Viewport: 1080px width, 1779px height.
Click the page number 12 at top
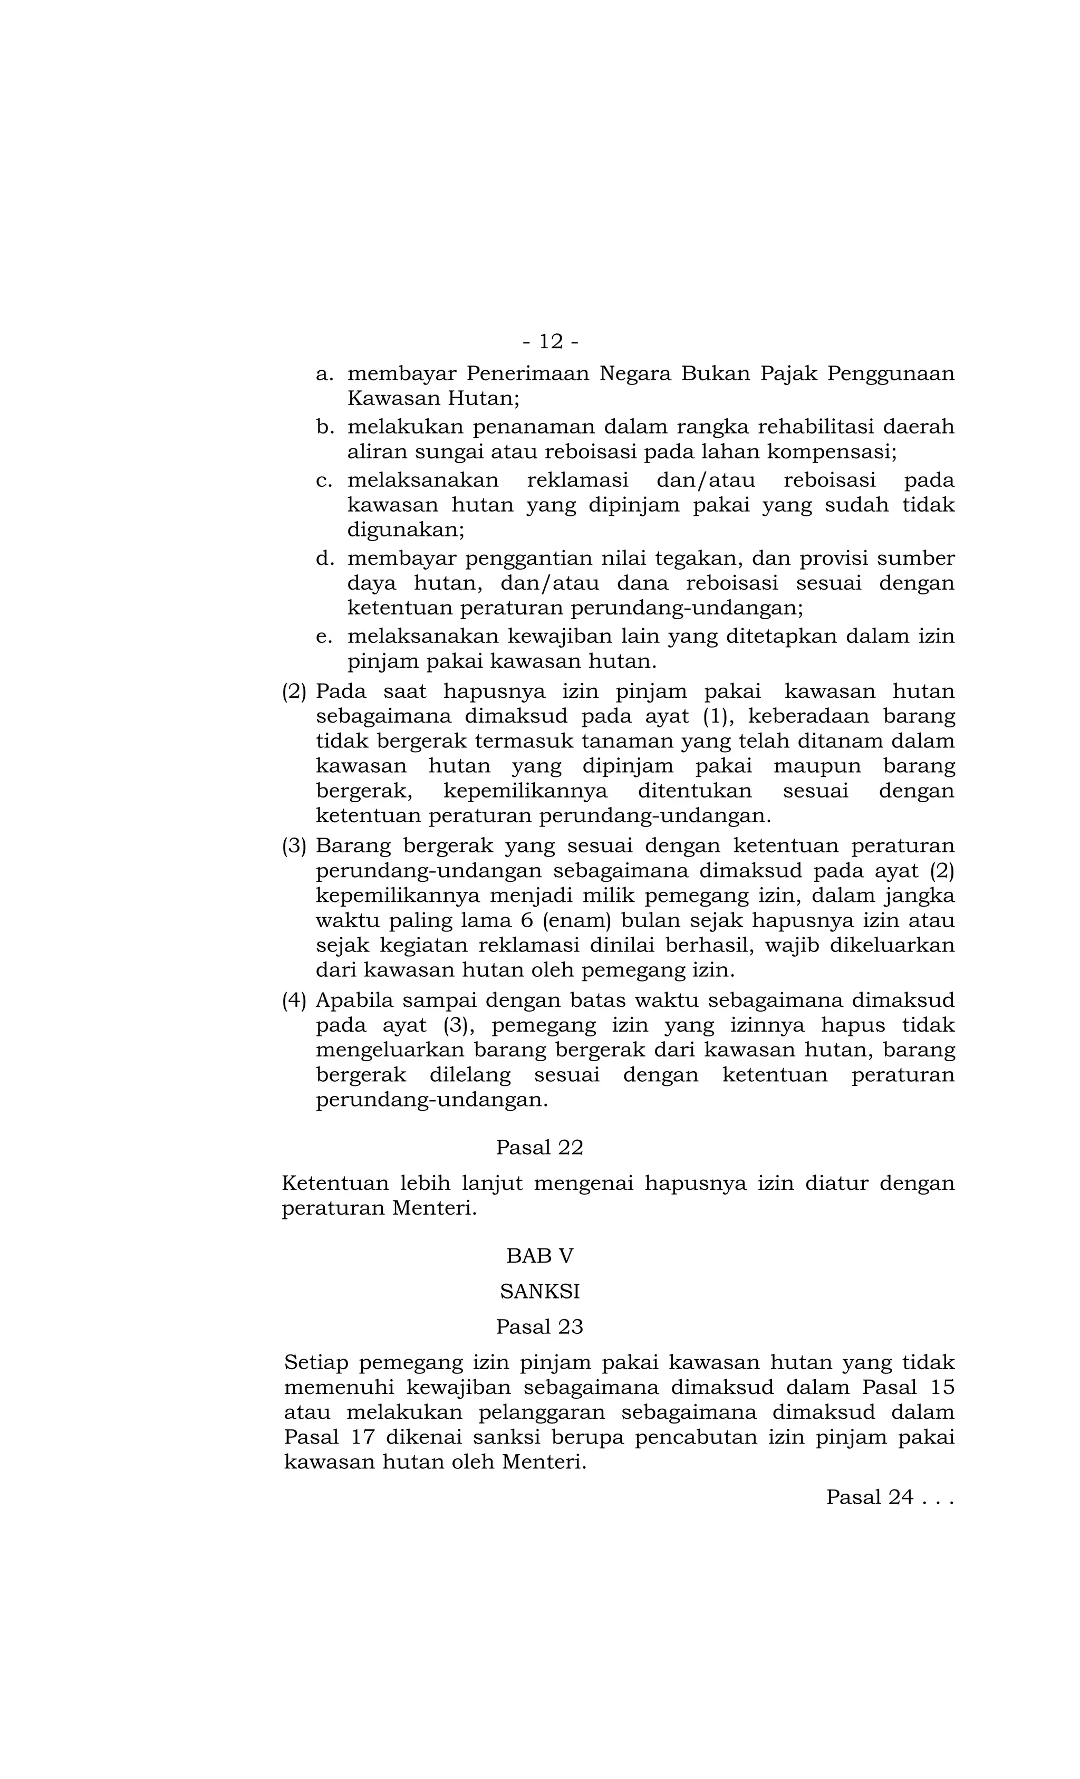(x=550, y=341)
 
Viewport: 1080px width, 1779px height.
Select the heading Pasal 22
(x=539, y=1147)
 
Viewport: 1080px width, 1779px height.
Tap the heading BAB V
(x=539, y=1256)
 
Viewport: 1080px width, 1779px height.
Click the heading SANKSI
(x=539, y=1291)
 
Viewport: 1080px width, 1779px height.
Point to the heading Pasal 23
(x=539, y=1326)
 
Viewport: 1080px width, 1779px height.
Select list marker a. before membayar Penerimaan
(x=325, y=374)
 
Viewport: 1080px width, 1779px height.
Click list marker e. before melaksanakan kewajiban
(x=324, y=637)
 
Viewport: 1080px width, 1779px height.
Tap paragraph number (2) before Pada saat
(x=294, y=691)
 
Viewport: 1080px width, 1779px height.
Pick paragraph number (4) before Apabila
(x=294, y=1001)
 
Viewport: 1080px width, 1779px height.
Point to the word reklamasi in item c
(x=577, y=480)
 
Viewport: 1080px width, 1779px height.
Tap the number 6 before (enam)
(x=526, y=920)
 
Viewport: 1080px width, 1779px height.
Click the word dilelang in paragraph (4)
(x=469, y=1075)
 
